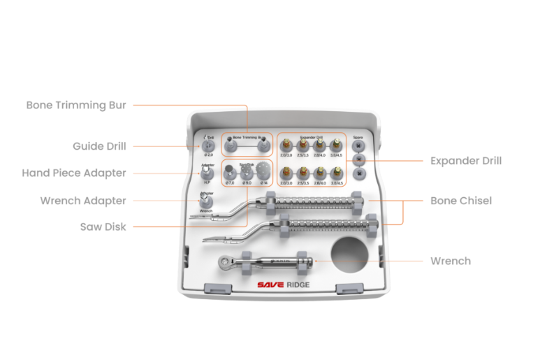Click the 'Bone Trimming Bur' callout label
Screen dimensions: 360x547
pos(76,105)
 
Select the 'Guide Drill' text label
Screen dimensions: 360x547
pos(99,146)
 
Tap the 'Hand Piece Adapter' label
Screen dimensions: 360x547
pos(74,173)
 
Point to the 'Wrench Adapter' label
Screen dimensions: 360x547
pos(83,201)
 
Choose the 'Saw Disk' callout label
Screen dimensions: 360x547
pos(103,226)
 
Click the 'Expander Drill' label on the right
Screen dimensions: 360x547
pos(466,161)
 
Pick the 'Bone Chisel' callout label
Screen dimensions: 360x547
pos(461,201)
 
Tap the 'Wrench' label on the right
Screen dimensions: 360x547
pos(451,261)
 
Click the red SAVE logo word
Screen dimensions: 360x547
pos(271,285)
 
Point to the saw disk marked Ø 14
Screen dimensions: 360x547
pos(262,171)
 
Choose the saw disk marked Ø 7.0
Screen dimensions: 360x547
pos(231,171)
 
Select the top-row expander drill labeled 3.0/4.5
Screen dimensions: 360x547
pos(336,145)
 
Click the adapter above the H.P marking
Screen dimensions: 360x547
pos(207,173)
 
